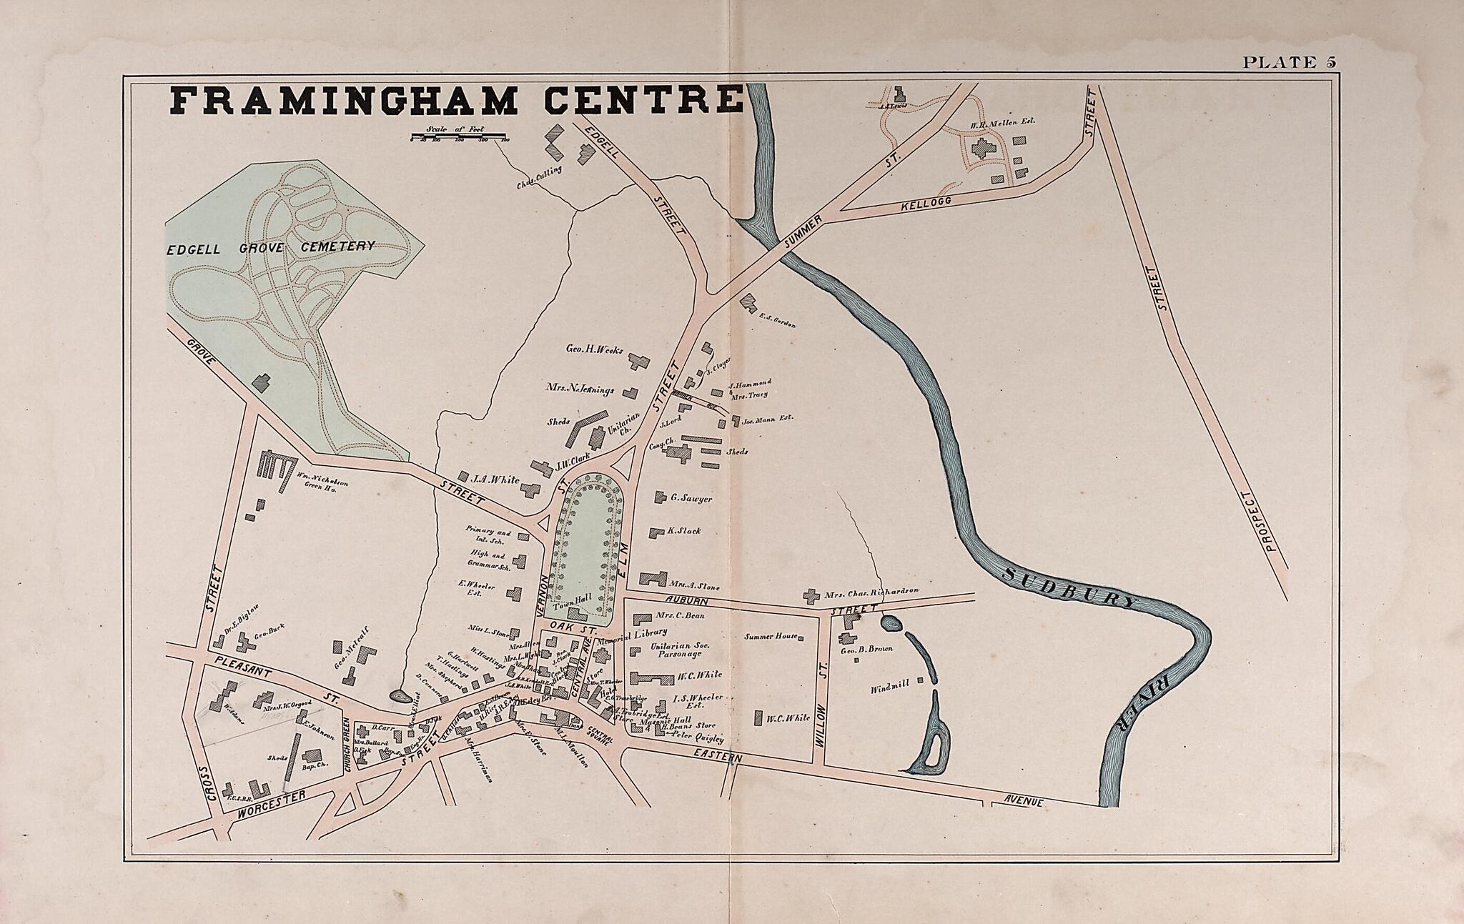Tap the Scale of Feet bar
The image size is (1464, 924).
click(458, 135)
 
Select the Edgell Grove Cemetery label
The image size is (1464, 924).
click(271, 247)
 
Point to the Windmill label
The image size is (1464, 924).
click(889, 690)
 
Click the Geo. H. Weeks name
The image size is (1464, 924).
click(595, 351)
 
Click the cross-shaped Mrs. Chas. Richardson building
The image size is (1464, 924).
click(811, 595)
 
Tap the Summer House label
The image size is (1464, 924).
click(771, 635)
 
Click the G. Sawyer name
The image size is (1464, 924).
click(691, 499)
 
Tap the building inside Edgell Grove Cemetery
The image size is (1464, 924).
click(262, 382)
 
